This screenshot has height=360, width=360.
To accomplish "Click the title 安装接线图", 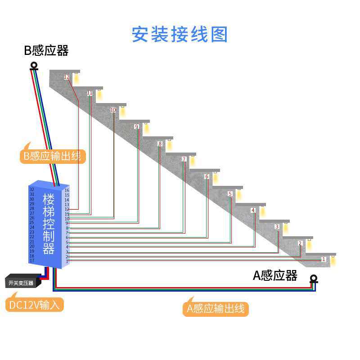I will point(180,35).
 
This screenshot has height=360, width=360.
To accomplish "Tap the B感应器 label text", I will point(46,50).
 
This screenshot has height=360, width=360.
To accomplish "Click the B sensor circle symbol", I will point(34,66).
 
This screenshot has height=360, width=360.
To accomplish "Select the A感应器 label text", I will point(275,275).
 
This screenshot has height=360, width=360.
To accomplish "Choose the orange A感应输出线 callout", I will point(216,308).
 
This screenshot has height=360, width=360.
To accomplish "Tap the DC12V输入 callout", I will point(35,305).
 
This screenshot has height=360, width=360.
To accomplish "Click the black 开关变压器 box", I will point(21,283).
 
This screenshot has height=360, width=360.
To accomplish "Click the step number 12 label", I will point(67,77).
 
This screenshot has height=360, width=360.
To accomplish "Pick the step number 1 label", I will point(324,259).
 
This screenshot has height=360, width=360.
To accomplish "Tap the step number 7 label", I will point(184,159).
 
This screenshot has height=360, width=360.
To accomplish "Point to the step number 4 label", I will point(253,210).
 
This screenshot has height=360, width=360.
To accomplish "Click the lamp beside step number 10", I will point(122,111).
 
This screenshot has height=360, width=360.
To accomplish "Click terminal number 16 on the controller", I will point(67,190).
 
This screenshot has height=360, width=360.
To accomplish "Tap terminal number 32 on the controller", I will point(32,189).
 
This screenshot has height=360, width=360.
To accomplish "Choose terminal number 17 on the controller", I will point(32,261).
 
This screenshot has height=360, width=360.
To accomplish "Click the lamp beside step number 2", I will point(309,245).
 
